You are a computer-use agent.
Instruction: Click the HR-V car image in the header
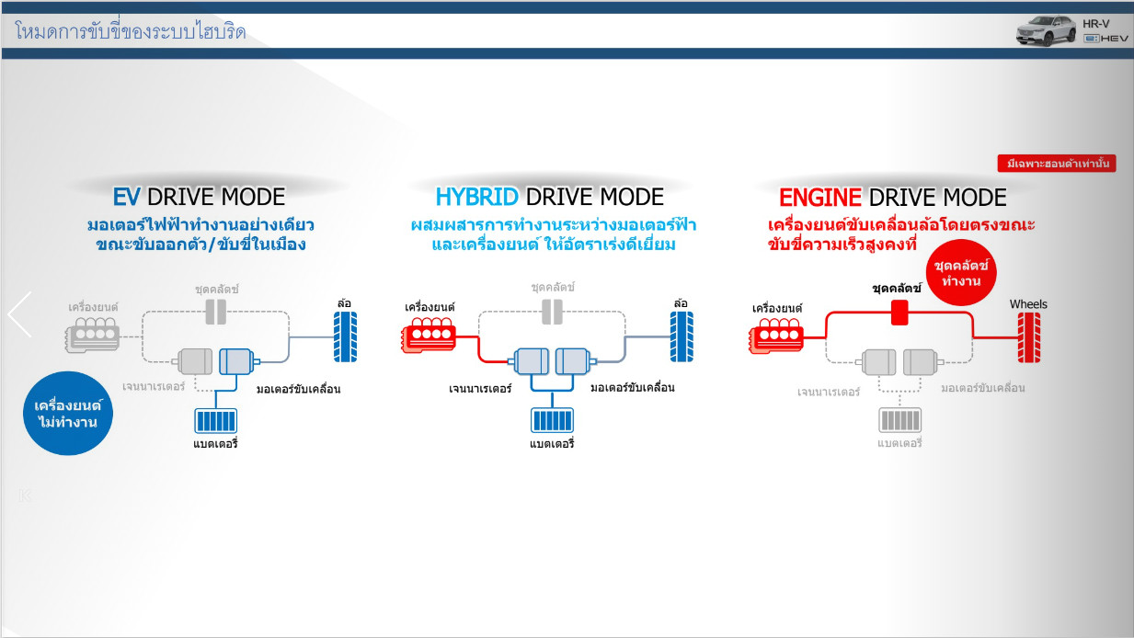tap(1045, 29)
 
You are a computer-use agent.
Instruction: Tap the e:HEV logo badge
tap(1105, 38)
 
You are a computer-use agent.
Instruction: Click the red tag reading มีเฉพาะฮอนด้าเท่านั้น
tap(1057, 165)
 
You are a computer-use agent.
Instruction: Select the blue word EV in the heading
tap(127, 197)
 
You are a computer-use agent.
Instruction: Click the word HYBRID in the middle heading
tap(476, 197)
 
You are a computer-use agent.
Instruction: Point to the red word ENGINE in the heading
tap(820, 197)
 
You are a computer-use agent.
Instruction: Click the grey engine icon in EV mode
tap(92, 336)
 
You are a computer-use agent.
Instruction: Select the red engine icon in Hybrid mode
tap(430, 336)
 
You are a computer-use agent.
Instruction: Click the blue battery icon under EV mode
tap(215, 421)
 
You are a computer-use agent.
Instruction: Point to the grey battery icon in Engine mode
tap(899, 421)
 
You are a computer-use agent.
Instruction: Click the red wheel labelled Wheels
tap(1028, 337)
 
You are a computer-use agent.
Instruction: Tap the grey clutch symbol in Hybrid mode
tap(552, 312)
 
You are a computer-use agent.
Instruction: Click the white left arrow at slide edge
tap(19, 314)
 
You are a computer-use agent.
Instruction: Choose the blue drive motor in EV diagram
tap(235, 361)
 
